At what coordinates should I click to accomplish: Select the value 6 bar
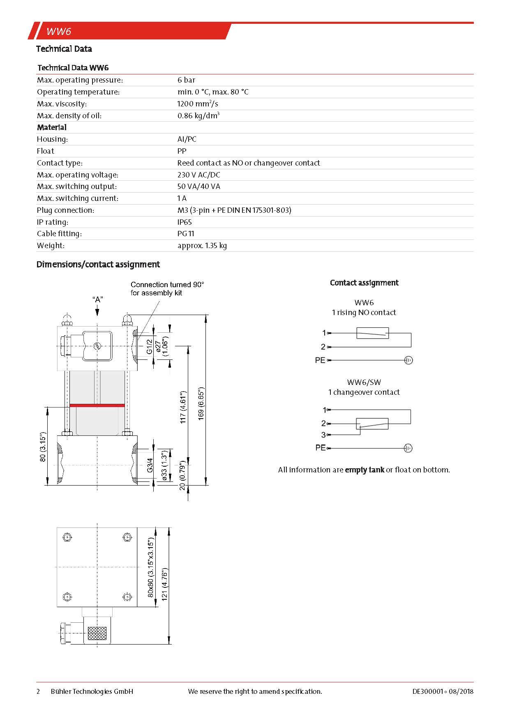pos(186,80)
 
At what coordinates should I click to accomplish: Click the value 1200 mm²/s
pos(197,104)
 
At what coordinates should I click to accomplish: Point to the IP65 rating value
pos(185,222)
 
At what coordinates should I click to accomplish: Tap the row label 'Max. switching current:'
pos(78,198)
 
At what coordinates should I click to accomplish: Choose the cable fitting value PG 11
pos(186,234)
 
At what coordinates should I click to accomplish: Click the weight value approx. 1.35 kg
pos(202,246)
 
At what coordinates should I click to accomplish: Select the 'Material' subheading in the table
pos(52,127)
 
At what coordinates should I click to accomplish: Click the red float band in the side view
pos(97,405)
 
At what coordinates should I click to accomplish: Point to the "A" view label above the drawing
pos(97,299)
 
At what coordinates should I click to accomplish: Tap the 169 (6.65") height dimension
pos(201,403)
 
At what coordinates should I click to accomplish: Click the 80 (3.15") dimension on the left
pos(43,447)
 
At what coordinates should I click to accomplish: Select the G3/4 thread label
pos(150,465)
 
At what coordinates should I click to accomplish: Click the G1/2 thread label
pos(150,347)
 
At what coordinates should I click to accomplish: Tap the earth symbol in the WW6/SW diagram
pos(408,448)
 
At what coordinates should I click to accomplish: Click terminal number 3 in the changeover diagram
pos(323,435)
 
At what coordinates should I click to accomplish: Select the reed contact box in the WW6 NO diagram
pos(372,333)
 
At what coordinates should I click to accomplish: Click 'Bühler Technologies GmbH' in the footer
pos(92,691)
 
